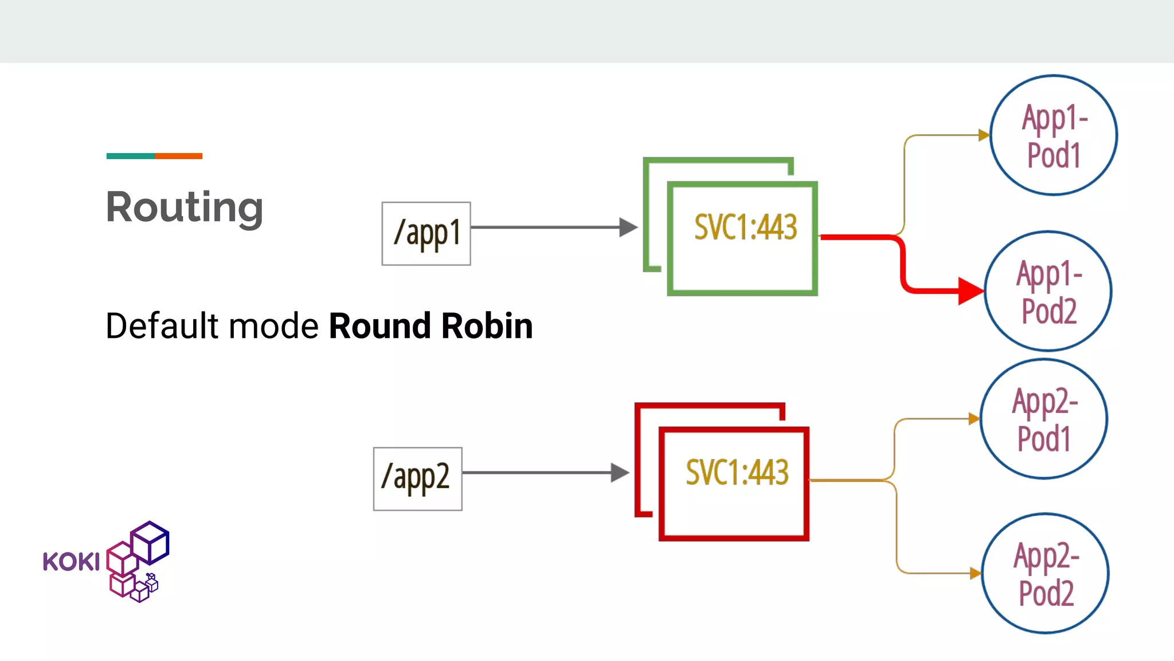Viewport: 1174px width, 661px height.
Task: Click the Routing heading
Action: [185, 208]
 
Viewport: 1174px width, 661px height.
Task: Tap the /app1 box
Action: [426, 234]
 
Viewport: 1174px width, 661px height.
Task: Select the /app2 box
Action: [417, 479]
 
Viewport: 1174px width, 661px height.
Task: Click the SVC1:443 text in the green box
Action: [745, 227]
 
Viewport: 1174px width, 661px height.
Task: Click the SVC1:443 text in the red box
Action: [737, 473]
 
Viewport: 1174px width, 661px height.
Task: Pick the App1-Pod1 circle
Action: [1054, 135]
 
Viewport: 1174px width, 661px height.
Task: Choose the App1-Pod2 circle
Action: [1048, 291]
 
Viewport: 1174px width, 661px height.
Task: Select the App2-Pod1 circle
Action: [1043, 419]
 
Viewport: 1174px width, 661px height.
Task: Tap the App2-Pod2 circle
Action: [1045, 573]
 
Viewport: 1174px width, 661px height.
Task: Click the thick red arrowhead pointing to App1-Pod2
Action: [970, 291]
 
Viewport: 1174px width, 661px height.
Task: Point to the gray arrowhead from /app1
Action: [628, 227]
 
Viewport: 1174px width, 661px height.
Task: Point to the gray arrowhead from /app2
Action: [620, 473]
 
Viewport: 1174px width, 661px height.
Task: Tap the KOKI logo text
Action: [71, 562]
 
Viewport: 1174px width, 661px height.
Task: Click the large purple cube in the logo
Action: [150, 542]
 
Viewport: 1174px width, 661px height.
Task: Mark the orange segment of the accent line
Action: [178, 156]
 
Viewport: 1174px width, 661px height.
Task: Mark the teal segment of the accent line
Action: [130, 156]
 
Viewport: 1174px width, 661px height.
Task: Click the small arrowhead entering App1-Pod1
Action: [984, 135]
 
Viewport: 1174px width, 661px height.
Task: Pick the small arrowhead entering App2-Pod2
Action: [975, 573]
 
